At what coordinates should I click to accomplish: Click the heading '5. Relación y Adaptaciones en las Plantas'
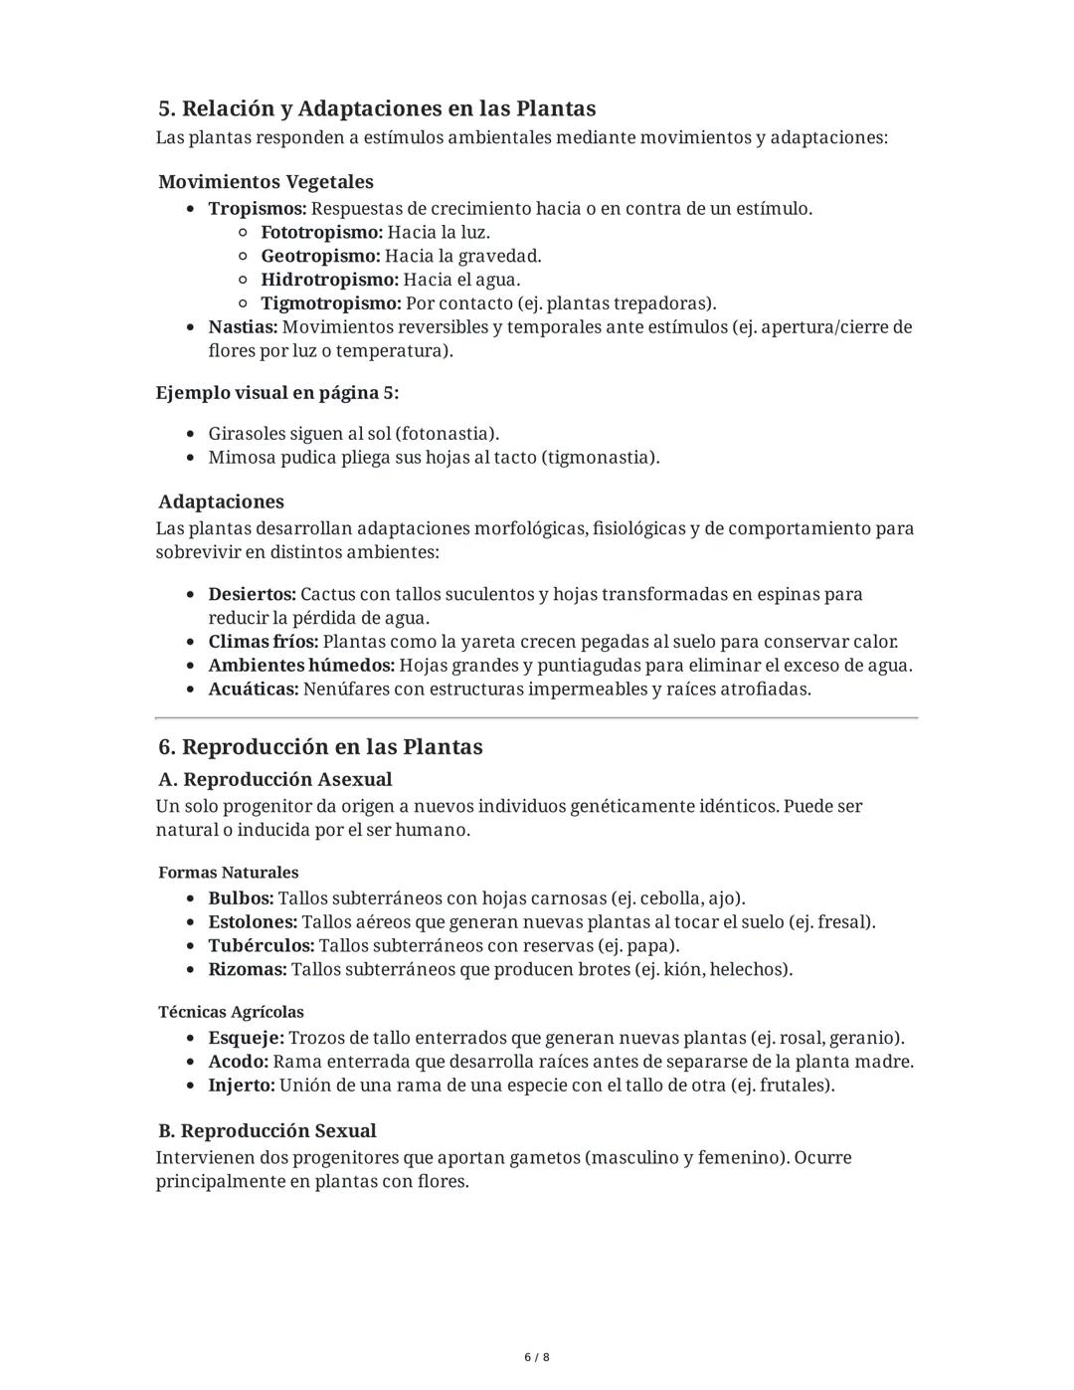377,108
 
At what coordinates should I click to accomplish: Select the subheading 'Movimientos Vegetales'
266,182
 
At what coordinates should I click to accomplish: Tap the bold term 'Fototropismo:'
321,232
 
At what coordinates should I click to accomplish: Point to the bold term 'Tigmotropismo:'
330,303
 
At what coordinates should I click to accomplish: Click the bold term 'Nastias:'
243,327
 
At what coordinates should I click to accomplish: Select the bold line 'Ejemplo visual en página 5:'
276,393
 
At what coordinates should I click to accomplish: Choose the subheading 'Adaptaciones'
221,501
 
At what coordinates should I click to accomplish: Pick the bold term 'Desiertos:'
252,594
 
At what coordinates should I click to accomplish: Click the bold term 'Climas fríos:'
263,642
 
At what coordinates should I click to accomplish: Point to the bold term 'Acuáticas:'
253,690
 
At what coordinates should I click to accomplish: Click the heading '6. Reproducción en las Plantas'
320,747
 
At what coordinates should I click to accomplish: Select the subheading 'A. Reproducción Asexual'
274,779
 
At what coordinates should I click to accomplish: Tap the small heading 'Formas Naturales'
228,873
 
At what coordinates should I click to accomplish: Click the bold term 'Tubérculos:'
261,946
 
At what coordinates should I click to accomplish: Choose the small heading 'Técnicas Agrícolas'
231,1012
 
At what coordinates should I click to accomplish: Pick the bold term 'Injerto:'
241,1086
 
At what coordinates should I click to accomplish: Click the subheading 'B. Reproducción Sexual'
267,1131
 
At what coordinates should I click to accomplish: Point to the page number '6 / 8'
537,1357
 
